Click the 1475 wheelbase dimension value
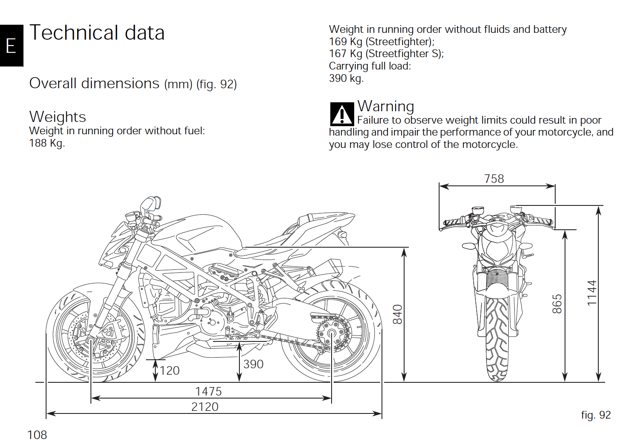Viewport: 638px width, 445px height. point(208,392)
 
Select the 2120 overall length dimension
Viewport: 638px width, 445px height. point(205,407)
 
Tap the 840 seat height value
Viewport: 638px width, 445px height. point(398,315)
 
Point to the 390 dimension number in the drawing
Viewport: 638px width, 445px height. point(253,364)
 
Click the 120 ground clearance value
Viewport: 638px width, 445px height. point(169,371)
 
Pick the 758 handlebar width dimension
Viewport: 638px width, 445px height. point(494,179)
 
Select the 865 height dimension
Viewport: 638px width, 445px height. point(557,304)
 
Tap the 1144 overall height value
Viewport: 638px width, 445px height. point(591,293)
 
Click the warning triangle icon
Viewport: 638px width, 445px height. point(342,114)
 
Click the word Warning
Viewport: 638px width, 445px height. point(386,106)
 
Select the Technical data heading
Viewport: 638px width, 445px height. point(97,32)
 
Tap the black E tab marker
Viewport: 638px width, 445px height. point(12,46)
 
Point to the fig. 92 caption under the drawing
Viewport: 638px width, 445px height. point(596,415)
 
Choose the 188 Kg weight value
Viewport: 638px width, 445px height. point(47,143)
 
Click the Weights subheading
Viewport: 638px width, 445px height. point(58,117)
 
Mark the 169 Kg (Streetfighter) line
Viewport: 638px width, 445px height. point(382,42)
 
